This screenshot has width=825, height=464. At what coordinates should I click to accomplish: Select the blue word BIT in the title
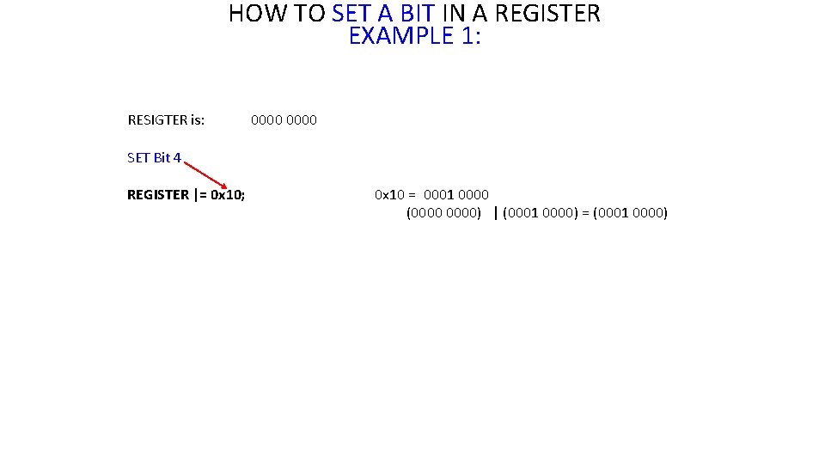coord(419,14)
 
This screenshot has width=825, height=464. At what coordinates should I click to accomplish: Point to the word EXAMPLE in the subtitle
coord(396,36)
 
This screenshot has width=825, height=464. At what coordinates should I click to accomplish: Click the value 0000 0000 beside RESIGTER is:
coord(284,120)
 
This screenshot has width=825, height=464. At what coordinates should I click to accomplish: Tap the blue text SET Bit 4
coord(154,158)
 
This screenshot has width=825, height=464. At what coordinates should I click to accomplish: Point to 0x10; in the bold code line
coord(228,195)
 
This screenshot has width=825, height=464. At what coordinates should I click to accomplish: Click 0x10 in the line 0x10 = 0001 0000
coord(390,195)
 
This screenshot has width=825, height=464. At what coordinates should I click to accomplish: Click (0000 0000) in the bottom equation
coord(443,213)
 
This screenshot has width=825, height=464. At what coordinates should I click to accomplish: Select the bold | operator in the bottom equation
coord(496,213)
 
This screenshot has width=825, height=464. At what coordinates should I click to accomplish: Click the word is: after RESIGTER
coord(197,120)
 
